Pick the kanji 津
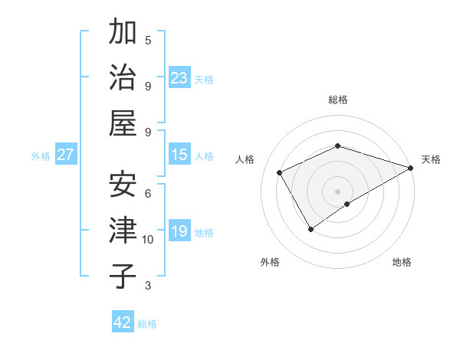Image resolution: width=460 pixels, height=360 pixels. tap(123, 231)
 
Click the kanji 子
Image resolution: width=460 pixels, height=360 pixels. tap(123, 276)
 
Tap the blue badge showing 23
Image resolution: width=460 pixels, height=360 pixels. tap(179, 78)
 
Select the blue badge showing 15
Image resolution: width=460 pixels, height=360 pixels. tap(179, 155)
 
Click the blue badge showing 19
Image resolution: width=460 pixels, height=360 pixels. tap(179, 232)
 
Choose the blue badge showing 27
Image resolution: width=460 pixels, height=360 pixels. tap(66, 155)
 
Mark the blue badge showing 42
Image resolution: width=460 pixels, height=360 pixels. tap(123, 322)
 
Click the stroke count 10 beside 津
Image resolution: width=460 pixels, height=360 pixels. tap(148, 240)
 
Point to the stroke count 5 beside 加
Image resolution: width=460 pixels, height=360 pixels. tap(148, 40)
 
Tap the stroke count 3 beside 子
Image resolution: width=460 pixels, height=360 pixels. tap(148, 286)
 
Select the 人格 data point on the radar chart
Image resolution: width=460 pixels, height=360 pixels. tap(280, 173)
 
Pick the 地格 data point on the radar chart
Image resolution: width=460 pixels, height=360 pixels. tap(348, 204)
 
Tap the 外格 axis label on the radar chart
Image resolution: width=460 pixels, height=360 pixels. tap(270, 262)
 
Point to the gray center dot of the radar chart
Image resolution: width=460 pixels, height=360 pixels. tap(337, 190)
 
